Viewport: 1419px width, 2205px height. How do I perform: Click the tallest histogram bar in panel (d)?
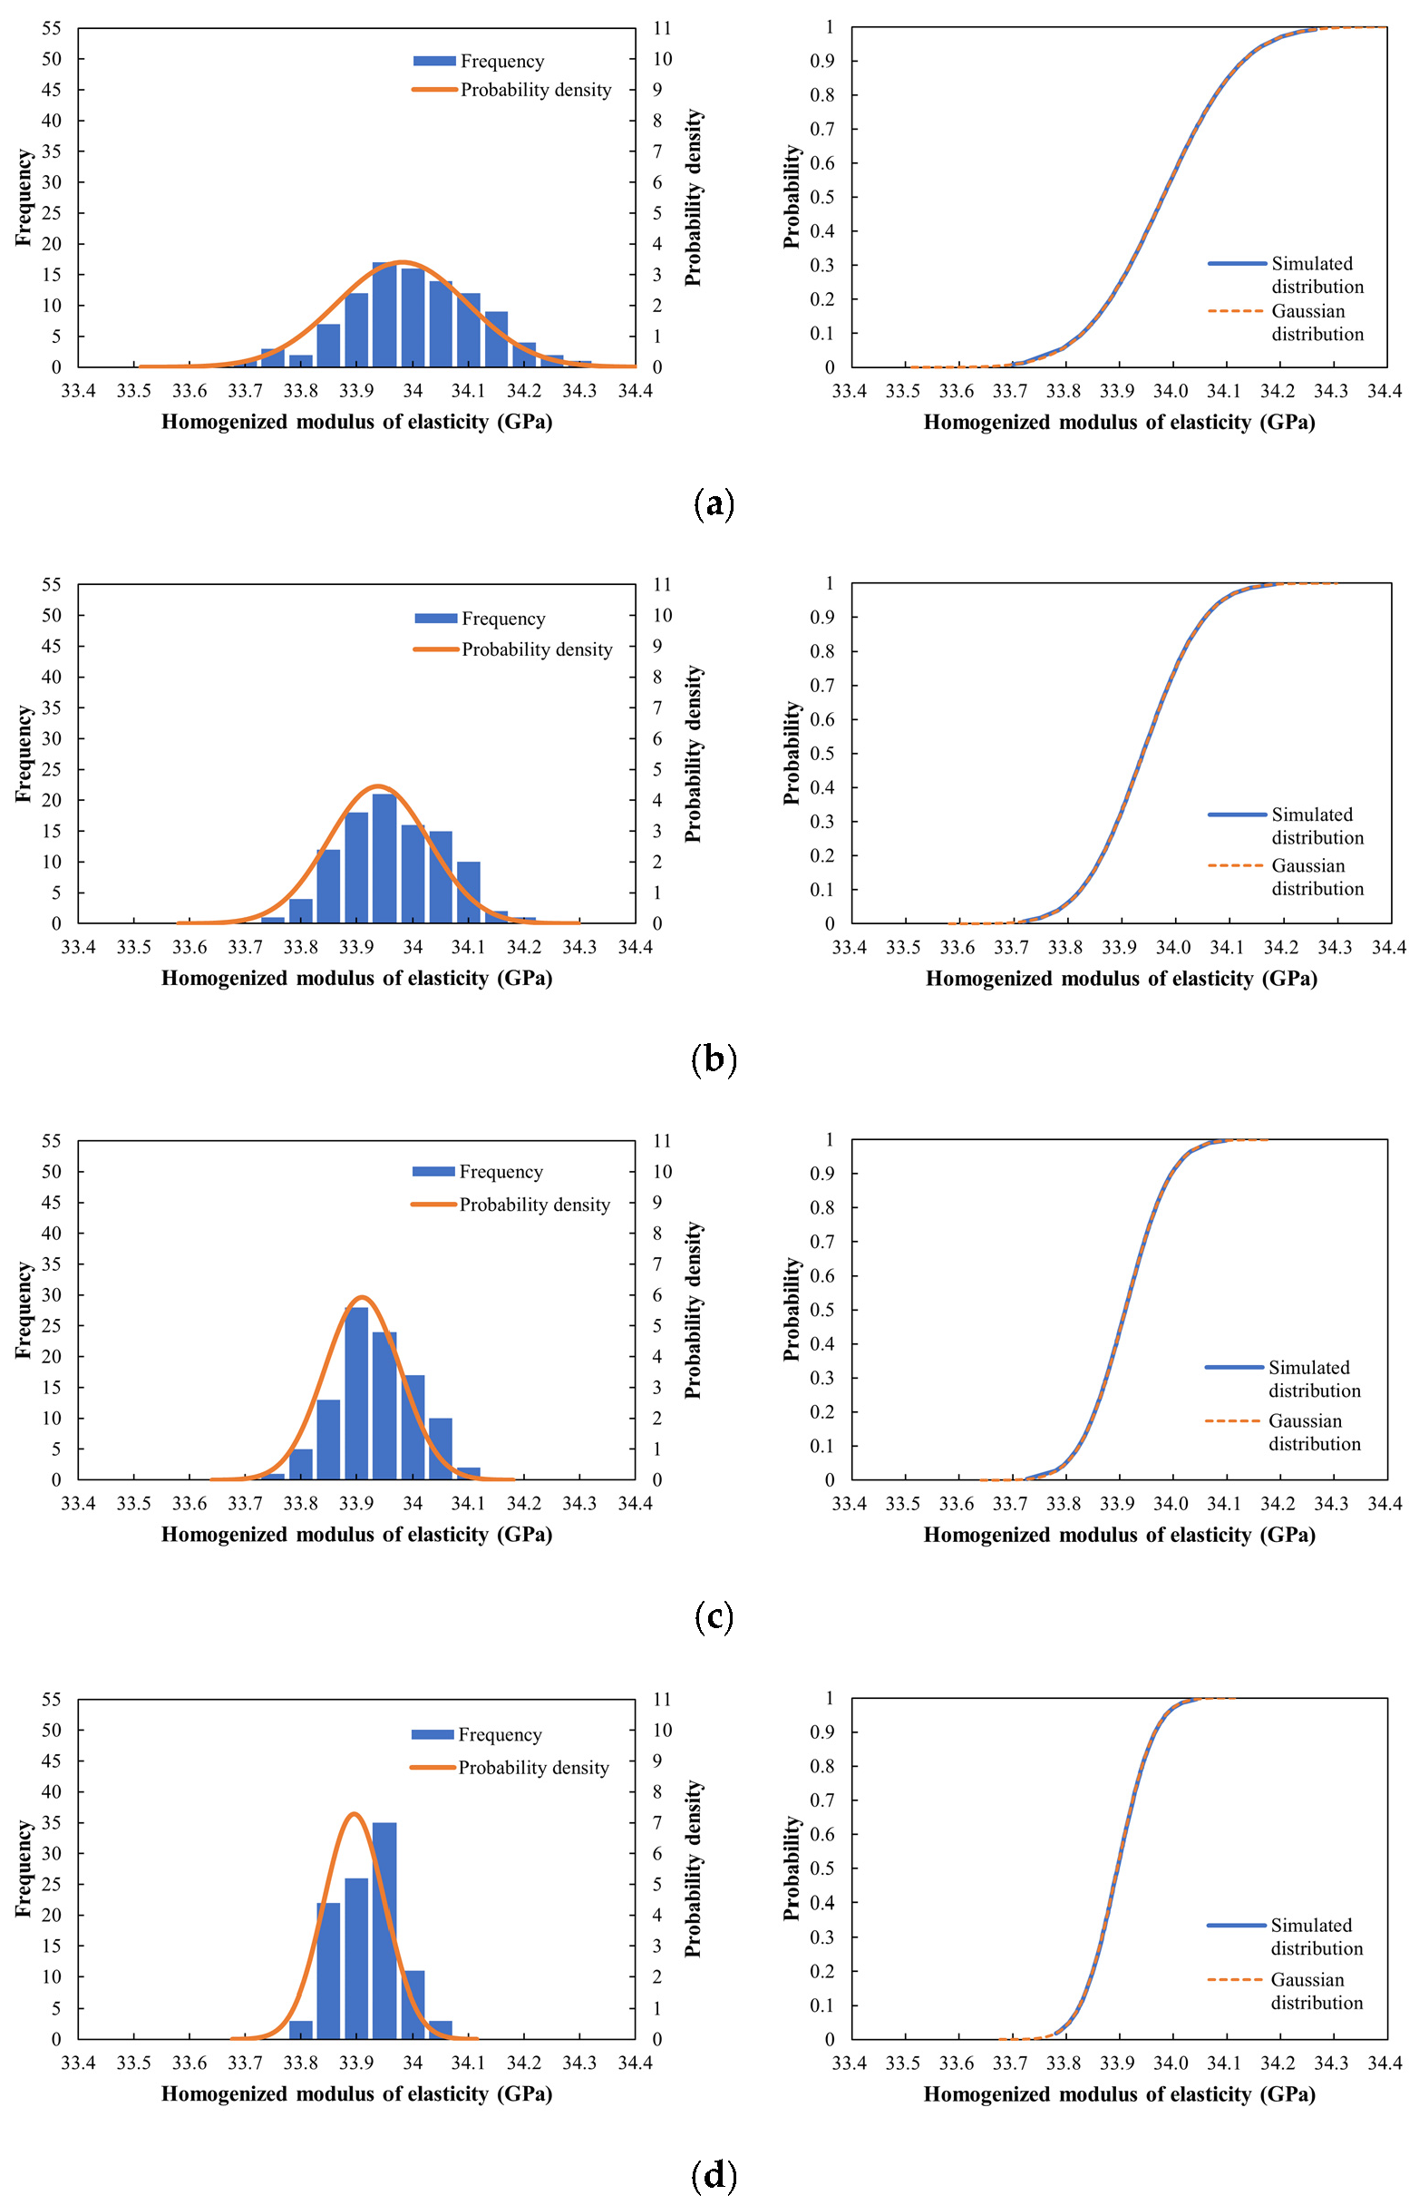pyautogui.click(x=384, y=1930)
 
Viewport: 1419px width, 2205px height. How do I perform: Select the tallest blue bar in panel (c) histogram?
pyautogui.click(x=356, y=1393)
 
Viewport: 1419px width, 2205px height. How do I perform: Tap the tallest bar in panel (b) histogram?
pyautogui.click(x=384, y=858)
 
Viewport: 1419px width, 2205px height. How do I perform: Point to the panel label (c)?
pyautogui.click(x=714, y=1616)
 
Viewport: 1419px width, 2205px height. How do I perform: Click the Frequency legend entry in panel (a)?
pyautogui.click(x=479, y=61)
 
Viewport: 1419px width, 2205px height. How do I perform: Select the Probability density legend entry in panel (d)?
pyautogui.click(x=510, y=1767)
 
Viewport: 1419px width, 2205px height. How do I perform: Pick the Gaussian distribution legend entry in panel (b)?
pyautogui.click(x=1287, y=877)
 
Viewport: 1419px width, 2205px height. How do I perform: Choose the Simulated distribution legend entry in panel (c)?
pyautogui.click(x=1284, y=1378)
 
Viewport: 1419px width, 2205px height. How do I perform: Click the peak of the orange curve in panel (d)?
pyautogui.click(x=354, y=1813)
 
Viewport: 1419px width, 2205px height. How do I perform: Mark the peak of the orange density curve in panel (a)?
pyautogui.click(x=402, y=262)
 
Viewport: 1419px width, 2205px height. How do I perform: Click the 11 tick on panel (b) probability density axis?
pyautogui.click(x=663, y=584)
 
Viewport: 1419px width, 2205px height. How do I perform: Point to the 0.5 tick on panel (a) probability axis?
pyautogui.click(x=821, y=197)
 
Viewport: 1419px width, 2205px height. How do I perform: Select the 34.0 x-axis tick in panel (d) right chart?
pyautogui.click(x=1171, y=2062)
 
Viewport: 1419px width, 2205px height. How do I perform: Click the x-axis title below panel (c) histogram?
pyautogui.click(x=356, y=1535)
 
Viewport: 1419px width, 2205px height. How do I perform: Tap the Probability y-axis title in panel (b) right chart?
pyautogui.click(x=792, y=752)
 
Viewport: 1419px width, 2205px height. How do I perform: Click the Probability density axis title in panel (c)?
pyautogui.click(x=693, y=1311)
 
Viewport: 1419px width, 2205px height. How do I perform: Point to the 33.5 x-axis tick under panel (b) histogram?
pyautogui.click(x=133, y=947)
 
